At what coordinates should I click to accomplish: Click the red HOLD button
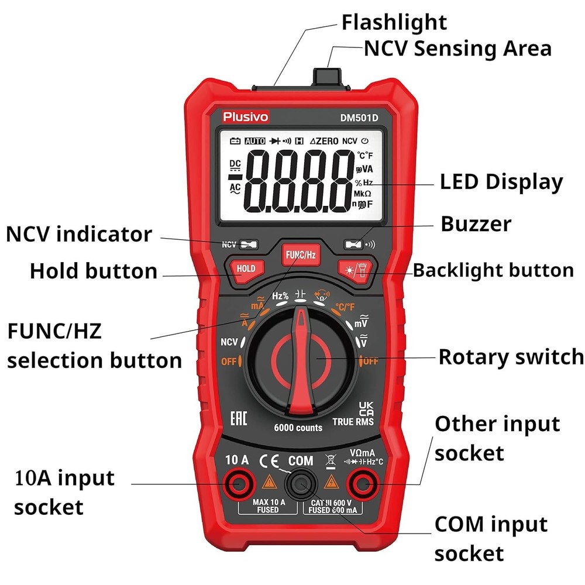(246, 269)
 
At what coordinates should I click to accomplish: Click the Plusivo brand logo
(246, 117)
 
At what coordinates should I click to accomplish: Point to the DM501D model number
(359, 118)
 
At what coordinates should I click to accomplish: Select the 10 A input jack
(238, 483)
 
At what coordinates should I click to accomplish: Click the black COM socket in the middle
(301, 483)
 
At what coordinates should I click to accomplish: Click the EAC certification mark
(238, 418)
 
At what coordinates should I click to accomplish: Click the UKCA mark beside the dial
(365, 408)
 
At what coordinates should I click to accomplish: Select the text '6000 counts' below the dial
(298, 428)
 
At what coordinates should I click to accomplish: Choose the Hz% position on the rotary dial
(280, 296)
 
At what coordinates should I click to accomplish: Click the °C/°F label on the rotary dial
(345, 307)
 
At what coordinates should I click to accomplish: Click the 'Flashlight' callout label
(394, 22)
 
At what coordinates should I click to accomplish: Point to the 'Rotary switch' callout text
(511, 356)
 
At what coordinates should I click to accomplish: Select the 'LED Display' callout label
(501, 182)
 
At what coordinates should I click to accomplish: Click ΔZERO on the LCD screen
(324, 141)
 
